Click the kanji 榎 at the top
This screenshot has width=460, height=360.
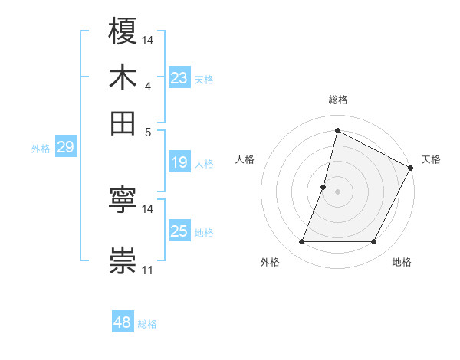point(123,32)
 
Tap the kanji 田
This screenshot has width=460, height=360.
point(123,122)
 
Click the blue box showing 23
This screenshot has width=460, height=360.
point(179,77)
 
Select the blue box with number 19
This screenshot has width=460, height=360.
point(179,162)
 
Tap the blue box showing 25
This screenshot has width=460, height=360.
point(179,231)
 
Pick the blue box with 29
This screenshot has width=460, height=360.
point(65,148)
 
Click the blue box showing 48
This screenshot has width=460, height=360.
point(123,322)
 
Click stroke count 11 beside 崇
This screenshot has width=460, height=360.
point(148,270)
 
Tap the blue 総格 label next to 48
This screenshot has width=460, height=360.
point(147,324)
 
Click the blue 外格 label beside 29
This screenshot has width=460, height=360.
point(40,149)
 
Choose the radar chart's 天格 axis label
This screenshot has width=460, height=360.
point(431,159)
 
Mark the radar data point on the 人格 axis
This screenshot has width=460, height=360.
point(324,187)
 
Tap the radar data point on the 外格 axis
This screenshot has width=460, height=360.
point(301,242)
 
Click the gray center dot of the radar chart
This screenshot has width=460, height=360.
point(337,191)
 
